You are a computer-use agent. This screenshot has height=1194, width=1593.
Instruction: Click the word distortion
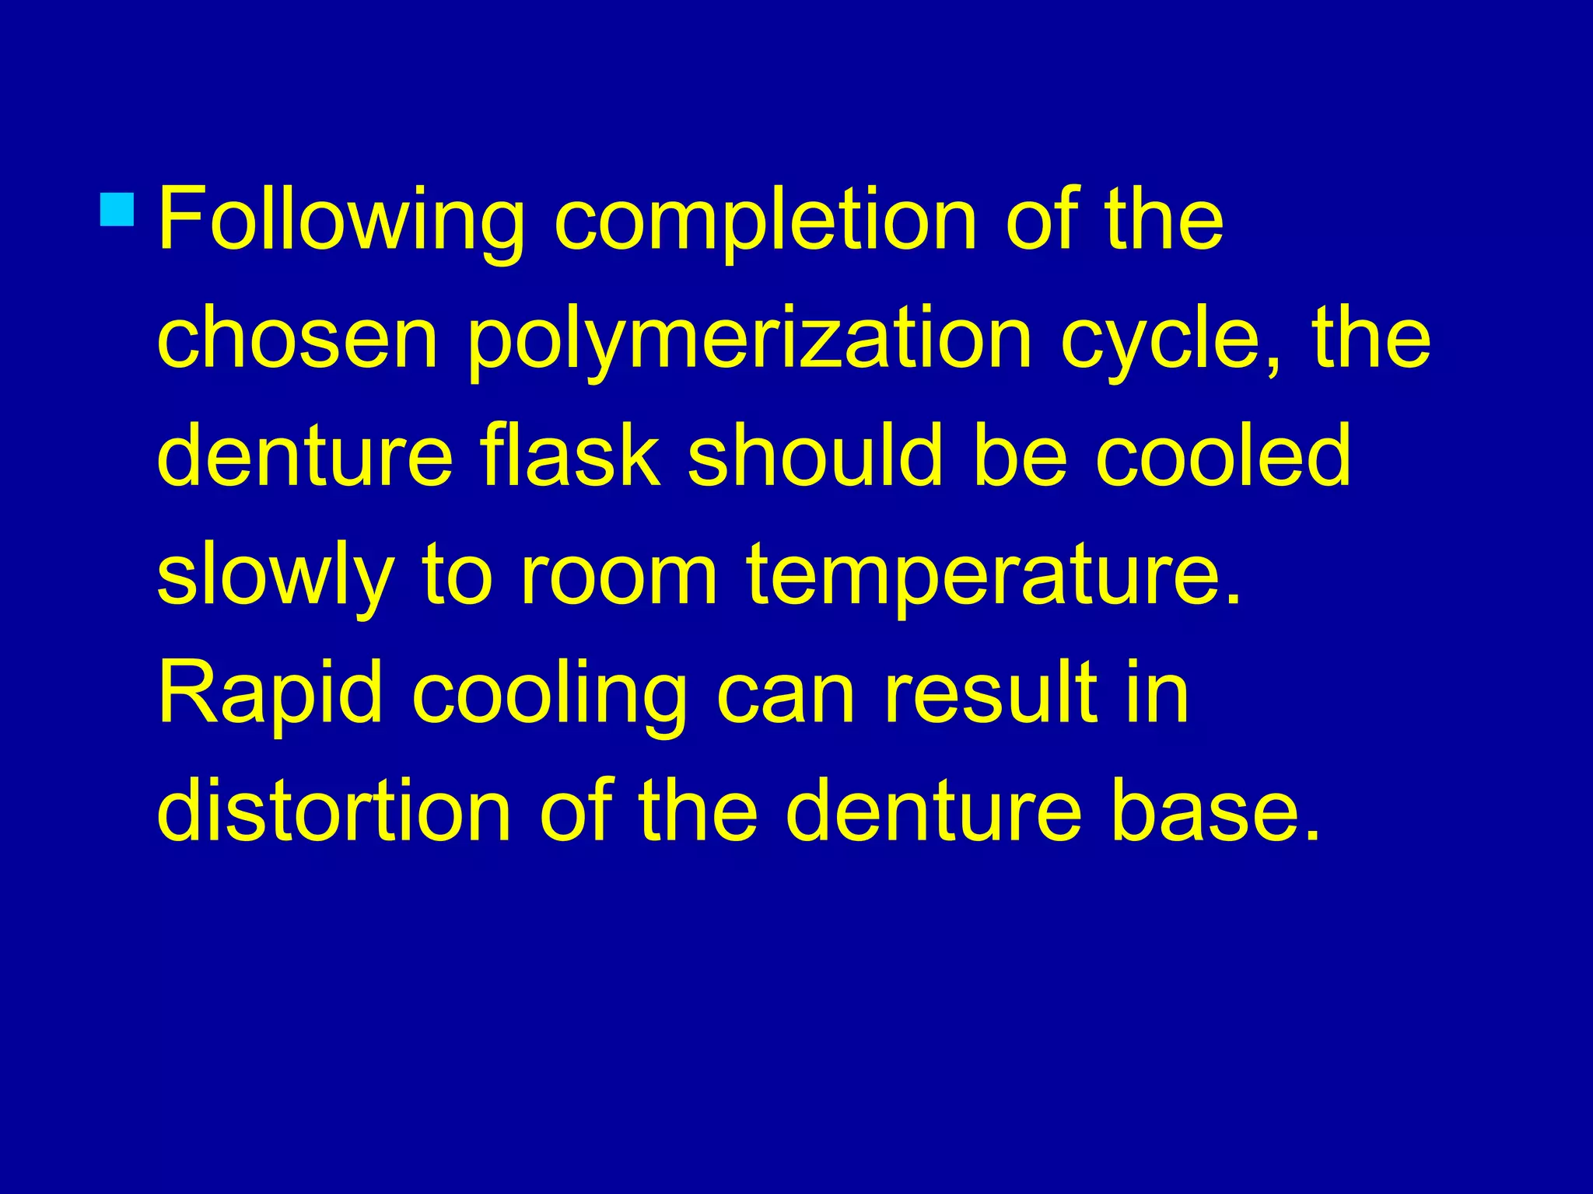pos(334,812)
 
